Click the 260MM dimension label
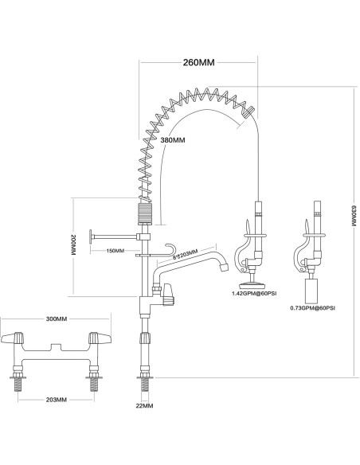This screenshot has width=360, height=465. click(x=198, y=63)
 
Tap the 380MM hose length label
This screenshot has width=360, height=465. click(x=173, y=140)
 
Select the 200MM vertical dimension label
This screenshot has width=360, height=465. click(x=73, y=245)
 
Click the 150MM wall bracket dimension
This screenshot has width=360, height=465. click(x=115, y=251)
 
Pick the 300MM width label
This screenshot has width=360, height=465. click(x=57, y=318)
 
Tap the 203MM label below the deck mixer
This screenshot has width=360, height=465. click(x=57, y=400)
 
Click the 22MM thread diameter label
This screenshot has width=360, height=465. click(x=144, y=406)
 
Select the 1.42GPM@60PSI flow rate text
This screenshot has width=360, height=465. click(x=254, y=294)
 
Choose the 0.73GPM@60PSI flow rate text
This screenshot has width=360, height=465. click(x=312, y=308)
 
